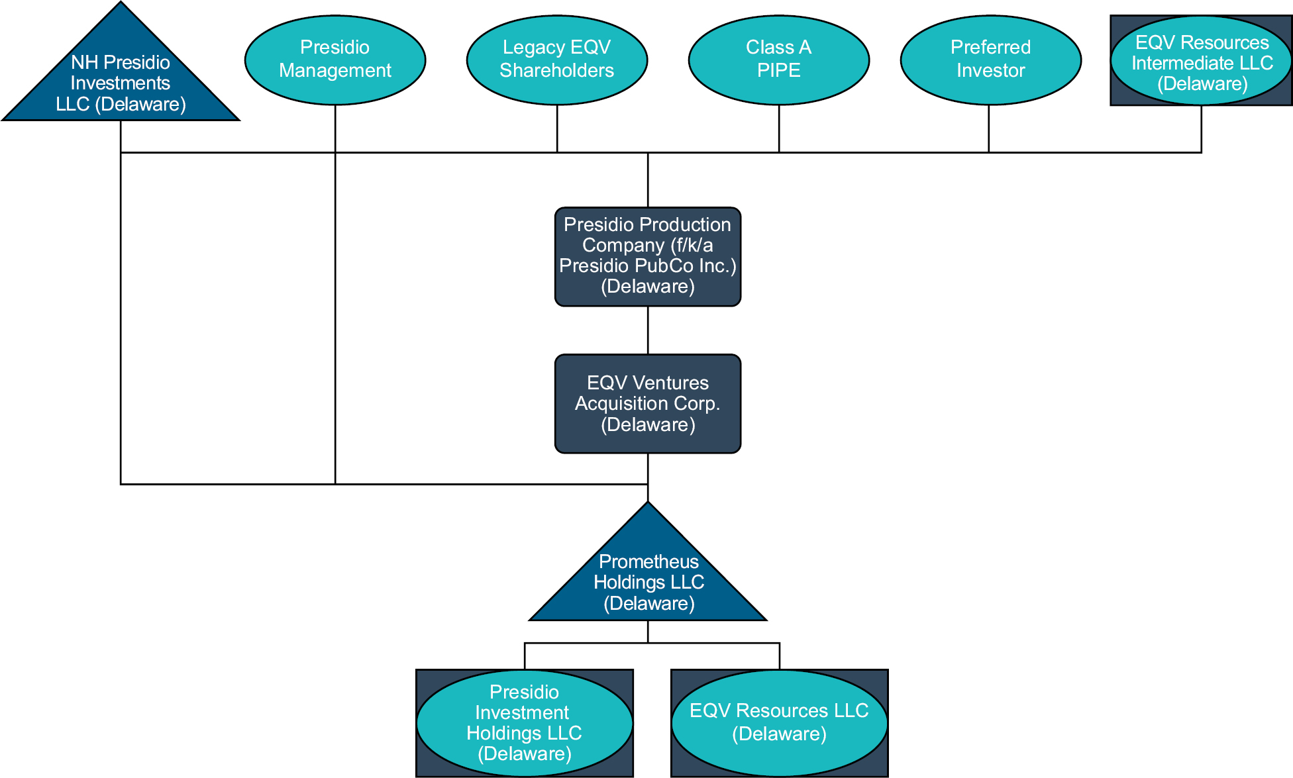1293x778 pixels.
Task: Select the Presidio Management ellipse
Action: click(335, 60)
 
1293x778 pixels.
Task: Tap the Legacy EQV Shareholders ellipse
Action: click(557, 60)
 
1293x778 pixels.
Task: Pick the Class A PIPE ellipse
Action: click(779, 60)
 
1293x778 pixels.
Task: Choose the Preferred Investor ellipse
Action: click(991, 60)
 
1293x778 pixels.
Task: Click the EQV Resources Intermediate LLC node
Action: click(1202, 62)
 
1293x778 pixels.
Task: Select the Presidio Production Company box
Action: click(648, 256)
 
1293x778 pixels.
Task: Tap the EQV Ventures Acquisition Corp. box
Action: click(648, 403)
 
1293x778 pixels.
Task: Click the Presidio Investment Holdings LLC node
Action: click(524, 723)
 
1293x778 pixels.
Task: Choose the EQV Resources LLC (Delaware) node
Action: click(779, 722)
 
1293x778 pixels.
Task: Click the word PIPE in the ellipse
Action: click(779, 71)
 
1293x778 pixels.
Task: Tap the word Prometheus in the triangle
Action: click(648, 561)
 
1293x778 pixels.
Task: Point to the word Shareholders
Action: click(557, 71)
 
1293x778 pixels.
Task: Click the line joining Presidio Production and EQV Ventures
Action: click(648, 330)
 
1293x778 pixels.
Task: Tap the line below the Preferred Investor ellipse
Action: click(989, 129)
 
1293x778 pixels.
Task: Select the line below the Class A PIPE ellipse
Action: click(779, 129)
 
